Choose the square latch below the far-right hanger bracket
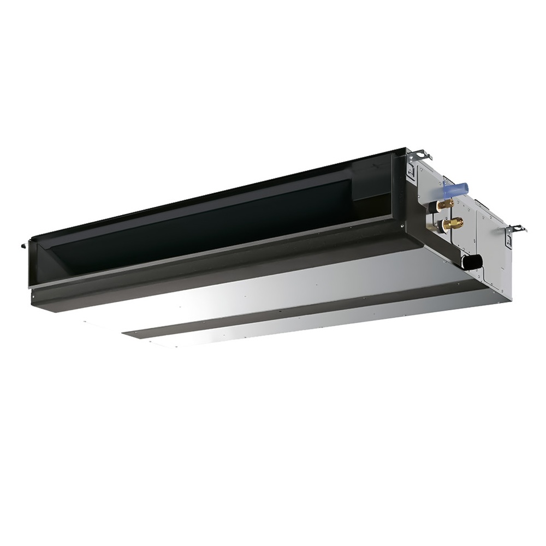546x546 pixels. (508, 240)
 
